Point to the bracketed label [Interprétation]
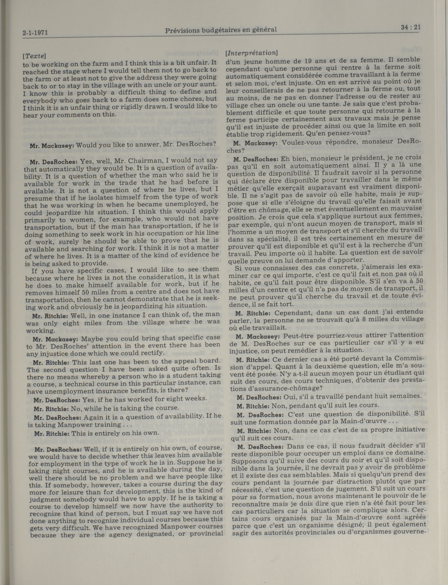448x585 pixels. (x=251, y=53)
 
